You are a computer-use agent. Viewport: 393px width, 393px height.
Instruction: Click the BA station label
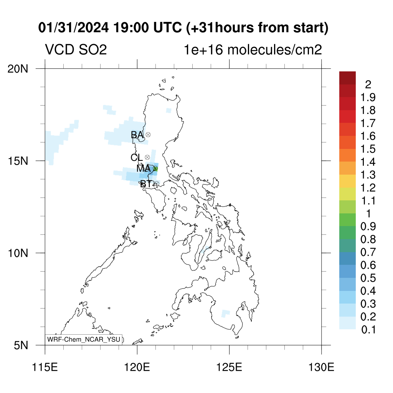point(137,135)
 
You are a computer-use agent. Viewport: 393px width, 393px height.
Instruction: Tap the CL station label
point(137,158)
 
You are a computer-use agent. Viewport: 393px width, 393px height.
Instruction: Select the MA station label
point(144,168)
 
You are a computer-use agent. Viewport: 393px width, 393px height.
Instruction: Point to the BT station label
point(146,184)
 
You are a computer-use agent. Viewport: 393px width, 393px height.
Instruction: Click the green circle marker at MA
point(155,168)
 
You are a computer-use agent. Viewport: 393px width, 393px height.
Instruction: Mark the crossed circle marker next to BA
point(148,135)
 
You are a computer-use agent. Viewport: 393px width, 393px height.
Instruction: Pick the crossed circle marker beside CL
point(147,157)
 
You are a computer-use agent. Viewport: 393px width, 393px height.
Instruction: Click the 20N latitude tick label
point(18,69)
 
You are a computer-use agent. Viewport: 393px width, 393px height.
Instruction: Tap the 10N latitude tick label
point(18,253)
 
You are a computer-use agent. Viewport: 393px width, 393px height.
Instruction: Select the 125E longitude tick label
point(229,367)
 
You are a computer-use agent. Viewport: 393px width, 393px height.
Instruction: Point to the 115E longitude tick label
point(45,367)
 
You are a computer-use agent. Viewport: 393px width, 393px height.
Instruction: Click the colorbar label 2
point(368,85)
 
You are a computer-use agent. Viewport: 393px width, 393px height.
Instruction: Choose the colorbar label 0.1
point(368,330)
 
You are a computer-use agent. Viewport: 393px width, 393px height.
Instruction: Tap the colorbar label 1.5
point(368,149)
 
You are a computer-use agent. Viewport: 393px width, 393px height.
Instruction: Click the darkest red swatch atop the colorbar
point(347,78)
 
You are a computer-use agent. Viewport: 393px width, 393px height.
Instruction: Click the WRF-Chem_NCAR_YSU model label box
point(83,340)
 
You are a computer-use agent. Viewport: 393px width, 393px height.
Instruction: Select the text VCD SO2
point(76,50)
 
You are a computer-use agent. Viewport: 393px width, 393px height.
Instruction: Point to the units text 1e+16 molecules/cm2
point(253,50)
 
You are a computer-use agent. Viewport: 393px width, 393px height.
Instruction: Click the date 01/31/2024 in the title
point(73,28)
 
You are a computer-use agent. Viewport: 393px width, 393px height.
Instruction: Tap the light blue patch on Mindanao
point(225,313)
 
